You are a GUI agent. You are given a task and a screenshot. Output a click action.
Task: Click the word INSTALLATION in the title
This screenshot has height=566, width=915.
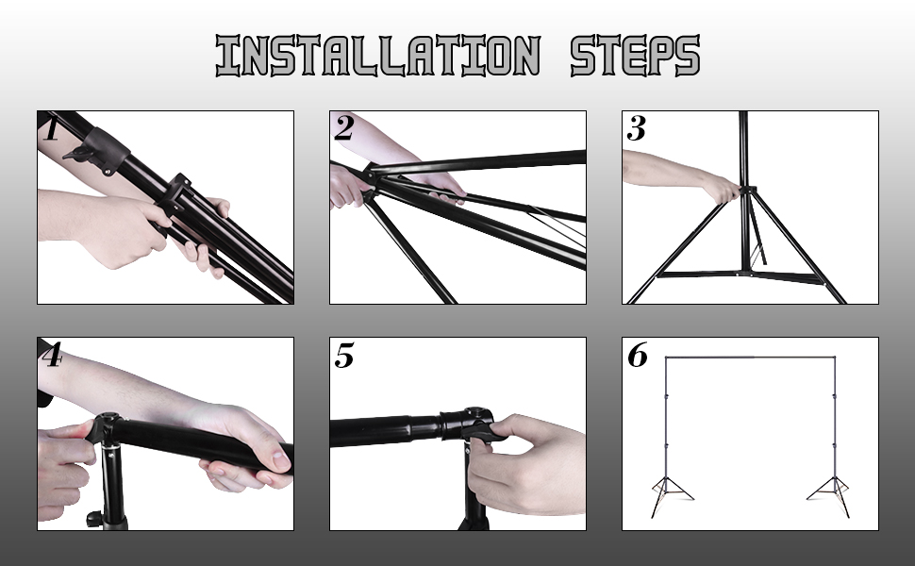click(x=378, y=56)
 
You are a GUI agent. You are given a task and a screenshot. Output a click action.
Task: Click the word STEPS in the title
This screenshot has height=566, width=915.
click(x=635, y=56)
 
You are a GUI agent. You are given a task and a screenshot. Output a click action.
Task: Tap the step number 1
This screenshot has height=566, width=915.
click(x=52, y=128)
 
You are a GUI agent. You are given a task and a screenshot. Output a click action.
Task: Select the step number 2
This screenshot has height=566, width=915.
click(x=343, y=128)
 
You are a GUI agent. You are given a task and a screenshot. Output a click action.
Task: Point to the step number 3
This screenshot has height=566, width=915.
click(x=636, y=128)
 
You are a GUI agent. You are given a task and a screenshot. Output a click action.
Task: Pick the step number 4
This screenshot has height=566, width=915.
click(x=53, y=355)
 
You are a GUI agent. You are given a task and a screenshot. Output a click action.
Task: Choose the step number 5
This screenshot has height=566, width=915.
click(x=344, y=355)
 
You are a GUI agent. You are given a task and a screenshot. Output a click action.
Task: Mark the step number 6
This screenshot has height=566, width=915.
click(x=638, y=355)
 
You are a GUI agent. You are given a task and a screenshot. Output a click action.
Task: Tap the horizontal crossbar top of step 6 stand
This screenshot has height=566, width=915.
click(x=751, y=358)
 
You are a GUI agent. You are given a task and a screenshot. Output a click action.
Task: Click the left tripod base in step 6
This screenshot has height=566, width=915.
click(x=670, y=496)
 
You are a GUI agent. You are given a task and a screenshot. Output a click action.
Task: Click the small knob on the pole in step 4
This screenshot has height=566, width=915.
click(x=93, y=518)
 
